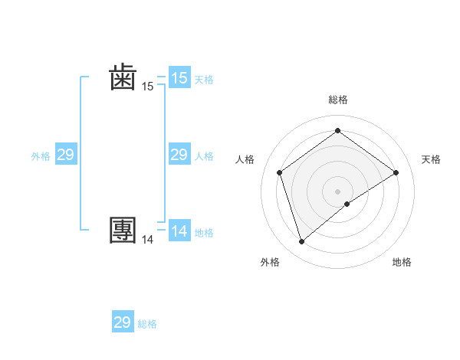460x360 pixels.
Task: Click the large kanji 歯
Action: coord(123,78)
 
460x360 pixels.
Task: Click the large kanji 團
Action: coord(123,231)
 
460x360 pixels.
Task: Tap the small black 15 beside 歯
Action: coord(147,87)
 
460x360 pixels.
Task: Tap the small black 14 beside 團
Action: coord(147,240)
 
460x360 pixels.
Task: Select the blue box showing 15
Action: coord(179,78)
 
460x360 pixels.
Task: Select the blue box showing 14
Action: coord(179,231)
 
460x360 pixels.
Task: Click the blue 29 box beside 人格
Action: coord(179,155)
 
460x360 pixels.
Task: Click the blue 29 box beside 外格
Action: coord(65,155)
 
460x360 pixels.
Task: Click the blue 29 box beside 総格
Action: coord(123,322)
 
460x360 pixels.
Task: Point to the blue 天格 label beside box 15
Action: coord(204,79)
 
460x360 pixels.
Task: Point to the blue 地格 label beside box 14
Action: coord(204,233)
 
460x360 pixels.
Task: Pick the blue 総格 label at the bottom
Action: coord(147,324)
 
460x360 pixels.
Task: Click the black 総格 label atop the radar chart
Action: coord(337,100)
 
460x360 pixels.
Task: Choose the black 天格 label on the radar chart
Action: coord(432,159)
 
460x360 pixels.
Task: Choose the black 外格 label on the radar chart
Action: coord(269,262)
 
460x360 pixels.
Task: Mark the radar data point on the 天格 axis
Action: coord(396,172)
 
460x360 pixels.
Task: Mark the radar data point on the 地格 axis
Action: coord(347,204)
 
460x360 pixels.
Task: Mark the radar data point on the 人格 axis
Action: coord(279,172)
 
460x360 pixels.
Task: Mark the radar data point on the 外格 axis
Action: coord(301,242)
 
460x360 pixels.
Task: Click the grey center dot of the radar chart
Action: coord(337,191)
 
